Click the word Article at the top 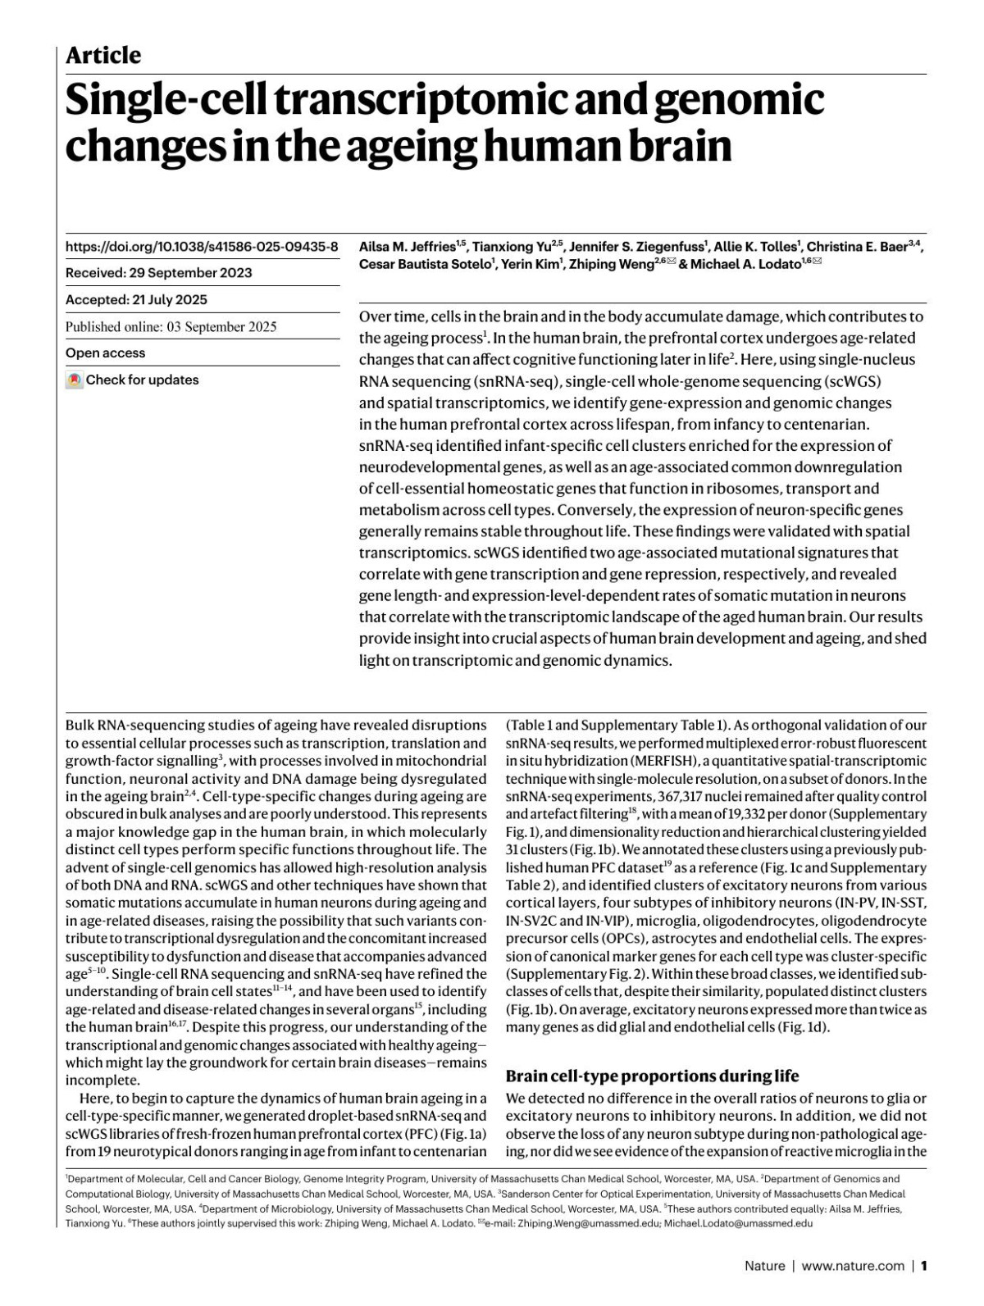pos(102,56)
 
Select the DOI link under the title pos(202,246)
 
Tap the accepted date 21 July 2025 pos(169,300)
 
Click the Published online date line pos(171,326)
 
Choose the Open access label pos(105,353)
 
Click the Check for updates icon pos(75,380)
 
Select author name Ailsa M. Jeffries pos(408,247)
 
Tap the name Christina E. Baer pos(856,247)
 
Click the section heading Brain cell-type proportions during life pos(652,1076)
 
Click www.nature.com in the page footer pos(853,1266)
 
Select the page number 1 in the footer pos(924,1266)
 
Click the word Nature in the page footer pos(764,1266)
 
